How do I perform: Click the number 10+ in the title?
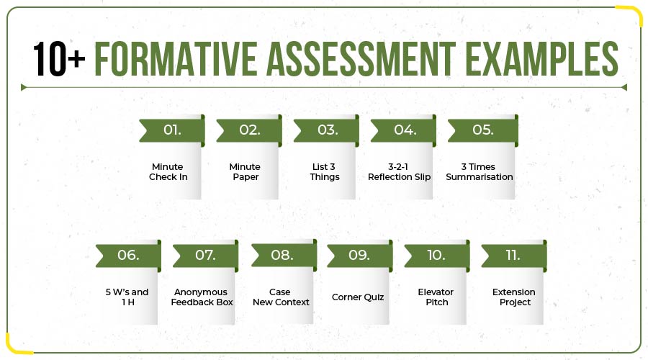58,59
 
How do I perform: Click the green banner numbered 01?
172,130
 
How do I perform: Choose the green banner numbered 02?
249,130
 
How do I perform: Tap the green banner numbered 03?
327,130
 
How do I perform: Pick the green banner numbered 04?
404,130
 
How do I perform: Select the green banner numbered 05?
482,130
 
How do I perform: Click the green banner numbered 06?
128,256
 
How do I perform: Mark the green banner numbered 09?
359,256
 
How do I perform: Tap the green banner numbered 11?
514,256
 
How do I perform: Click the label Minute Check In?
168,172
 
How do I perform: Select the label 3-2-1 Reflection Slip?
400,172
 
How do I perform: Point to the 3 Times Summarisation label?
480,172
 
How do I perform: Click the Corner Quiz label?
358,297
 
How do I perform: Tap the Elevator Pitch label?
433,297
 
